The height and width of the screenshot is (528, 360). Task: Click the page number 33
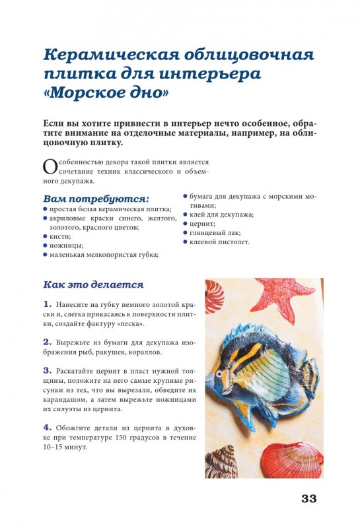click(x=308, y=498)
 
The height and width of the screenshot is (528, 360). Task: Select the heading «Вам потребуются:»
click(x=96, y=198)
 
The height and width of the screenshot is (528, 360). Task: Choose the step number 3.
click(x=47, y=370)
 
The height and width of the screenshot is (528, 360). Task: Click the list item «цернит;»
click(x=203, y=223)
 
